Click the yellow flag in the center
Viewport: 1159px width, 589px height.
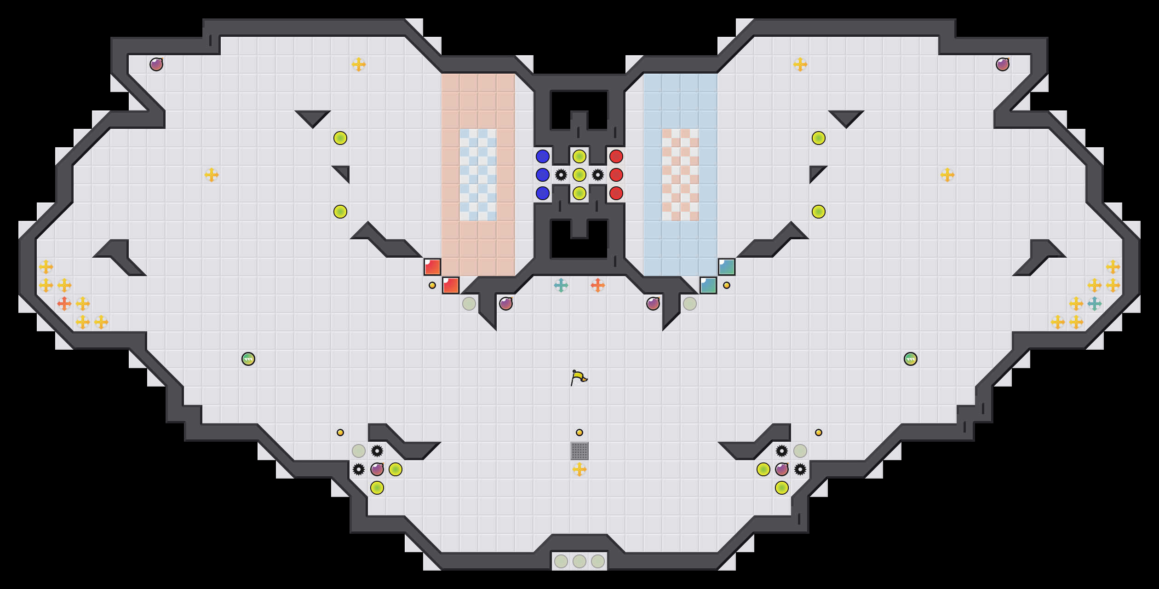579,378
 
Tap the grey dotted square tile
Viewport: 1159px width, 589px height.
579,451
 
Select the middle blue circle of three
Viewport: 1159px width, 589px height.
543,175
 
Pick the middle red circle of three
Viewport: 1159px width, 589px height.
616,175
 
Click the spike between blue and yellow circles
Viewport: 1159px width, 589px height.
561,175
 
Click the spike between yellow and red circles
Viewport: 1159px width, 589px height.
598,175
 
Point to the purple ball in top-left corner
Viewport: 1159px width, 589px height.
156,64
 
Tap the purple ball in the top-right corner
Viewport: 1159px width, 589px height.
1003,64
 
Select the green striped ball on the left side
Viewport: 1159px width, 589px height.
248,359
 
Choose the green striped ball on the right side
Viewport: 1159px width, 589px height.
911,359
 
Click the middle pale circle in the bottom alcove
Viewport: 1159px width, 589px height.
579,561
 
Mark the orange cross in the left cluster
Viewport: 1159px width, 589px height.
64,304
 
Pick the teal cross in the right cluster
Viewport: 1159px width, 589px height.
1095,304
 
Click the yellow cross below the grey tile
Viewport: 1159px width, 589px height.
579,469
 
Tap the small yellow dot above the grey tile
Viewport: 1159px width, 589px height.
579,433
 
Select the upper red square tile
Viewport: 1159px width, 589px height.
432,267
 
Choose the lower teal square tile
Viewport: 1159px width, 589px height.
708,285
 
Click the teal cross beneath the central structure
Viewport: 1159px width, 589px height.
561,285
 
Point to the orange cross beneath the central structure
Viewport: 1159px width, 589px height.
598,285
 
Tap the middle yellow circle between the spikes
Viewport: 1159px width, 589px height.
579,175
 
